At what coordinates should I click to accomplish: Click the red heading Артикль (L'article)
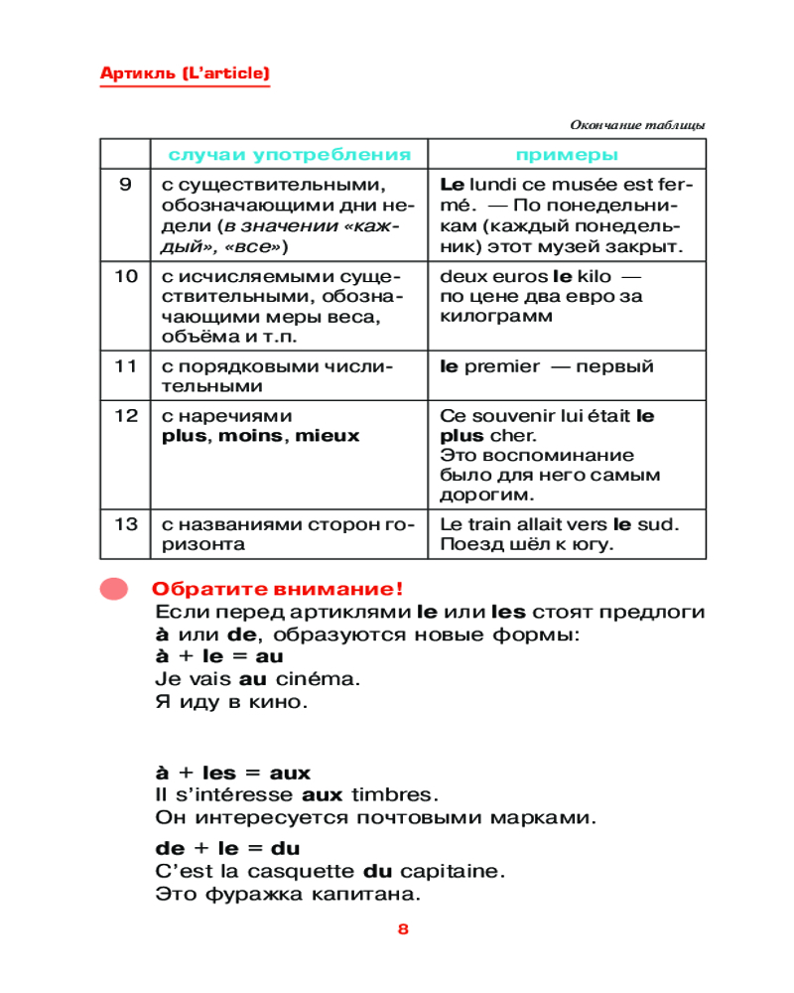point(185,73)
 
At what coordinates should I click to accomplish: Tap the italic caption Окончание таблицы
point(637,125)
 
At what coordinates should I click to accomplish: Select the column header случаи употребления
point(289,155)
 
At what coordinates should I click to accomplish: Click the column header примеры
point(567,155)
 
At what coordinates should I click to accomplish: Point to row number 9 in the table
point(125,185)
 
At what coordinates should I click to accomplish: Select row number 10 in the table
point(125,276)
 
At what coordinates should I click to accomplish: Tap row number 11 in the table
point(125,366)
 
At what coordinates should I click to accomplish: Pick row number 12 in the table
point(125,416)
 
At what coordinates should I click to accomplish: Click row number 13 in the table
point(125,524)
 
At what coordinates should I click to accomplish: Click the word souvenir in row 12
point(508,416)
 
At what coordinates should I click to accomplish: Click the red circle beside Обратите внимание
point(114,588)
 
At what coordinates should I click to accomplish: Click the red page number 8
point(403,930)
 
